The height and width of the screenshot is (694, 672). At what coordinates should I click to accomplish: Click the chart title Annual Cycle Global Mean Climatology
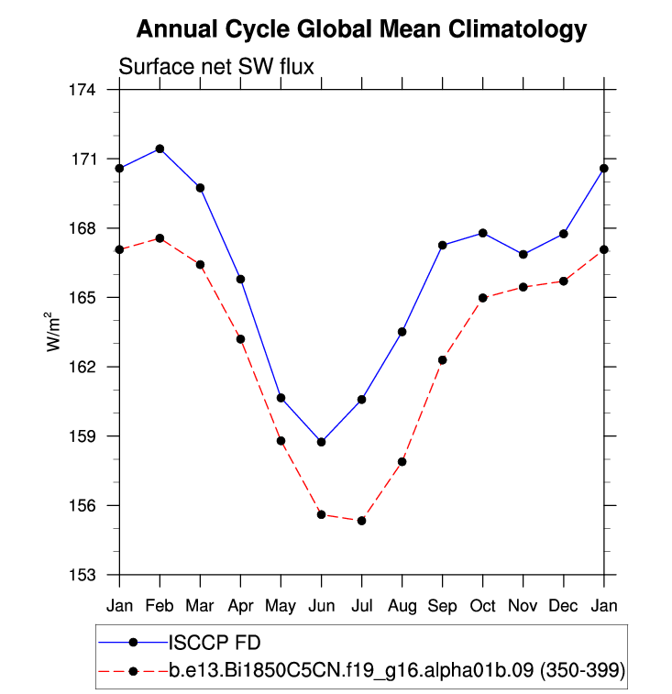coord(361,29)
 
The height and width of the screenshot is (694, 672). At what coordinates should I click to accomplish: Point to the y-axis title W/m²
coord(55,331)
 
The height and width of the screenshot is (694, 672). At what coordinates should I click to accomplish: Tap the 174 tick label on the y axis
coord(83,90)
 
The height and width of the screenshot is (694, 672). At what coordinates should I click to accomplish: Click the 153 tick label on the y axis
coord(83,575)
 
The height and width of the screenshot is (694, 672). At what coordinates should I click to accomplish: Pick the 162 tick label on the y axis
coord(83,367)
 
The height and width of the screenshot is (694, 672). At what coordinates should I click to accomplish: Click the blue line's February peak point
coord(160,149)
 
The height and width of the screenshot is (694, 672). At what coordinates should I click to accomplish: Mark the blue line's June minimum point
coord(321,442)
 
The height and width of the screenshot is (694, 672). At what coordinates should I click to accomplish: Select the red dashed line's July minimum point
coord(361,521)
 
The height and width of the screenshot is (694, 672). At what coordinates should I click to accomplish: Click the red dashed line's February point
coord(160,238)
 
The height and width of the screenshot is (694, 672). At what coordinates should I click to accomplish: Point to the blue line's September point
coord(442,245)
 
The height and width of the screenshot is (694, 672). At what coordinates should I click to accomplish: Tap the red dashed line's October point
coord(482,298)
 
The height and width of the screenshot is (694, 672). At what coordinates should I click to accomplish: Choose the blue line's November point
coord(523,254)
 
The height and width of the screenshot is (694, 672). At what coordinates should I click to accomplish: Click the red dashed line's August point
coord(402,461)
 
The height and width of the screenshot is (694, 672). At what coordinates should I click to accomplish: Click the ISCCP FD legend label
coord(212,641)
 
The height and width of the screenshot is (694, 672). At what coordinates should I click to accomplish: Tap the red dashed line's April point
coord(240,339)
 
